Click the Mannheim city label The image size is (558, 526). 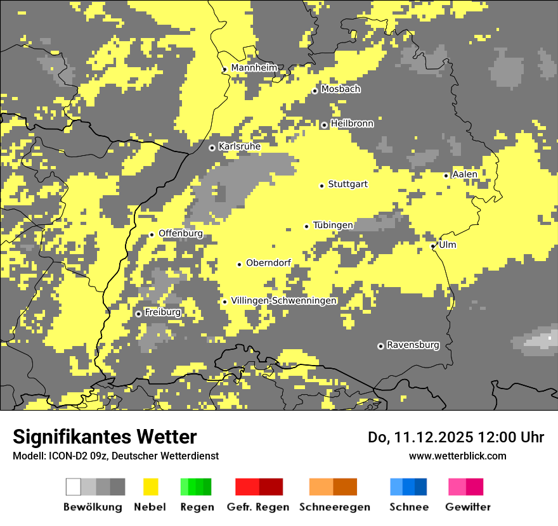click(254, 68)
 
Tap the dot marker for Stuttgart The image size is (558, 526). click(322, 186)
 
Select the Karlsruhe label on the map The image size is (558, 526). click(239, 146)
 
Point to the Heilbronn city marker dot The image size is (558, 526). click(324, 125)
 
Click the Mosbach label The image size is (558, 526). click(341, 89)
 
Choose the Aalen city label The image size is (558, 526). click(465, 174)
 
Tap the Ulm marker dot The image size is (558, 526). click(433, 246)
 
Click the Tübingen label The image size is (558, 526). click(333, 225)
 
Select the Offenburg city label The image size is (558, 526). click(181, 233)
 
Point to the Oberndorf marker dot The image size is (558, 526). click(240, 264)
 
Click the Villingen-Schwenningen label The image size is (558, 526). click(283, 300)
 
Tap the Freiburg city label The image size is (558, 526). click(162, 312)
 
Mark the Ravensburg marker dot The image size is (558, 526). click(380, 346)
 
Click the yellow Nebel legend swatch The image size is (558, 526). click(150, 487)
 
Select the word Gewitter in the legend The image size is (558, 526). click(468, 507)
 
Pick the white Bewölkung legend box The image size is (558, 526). click(74, 487)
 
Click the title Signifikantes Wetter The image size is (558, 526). click(105, 437)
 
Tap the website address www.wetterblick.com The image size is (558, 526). click(457, 456)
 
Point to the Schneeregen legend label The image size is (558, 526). click(335, 507)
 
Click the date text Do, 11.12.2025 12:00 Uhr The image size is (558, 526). click(456, 437)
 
